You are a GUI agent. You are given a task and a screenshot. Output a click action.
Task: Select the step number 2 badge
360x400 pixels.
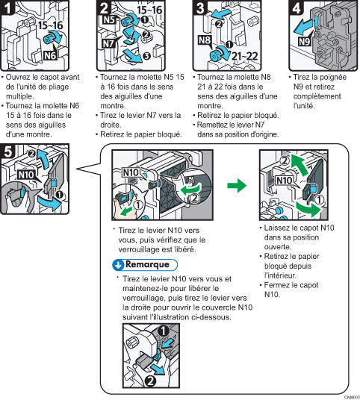click(103, 10)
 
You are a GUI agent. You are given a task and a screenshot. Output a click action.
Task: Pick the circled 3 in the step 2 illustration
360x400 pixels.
click(146, 54)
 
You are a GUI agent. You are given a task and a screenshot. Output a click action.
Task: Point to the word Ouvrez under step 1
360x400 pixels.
click(19, 77)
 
